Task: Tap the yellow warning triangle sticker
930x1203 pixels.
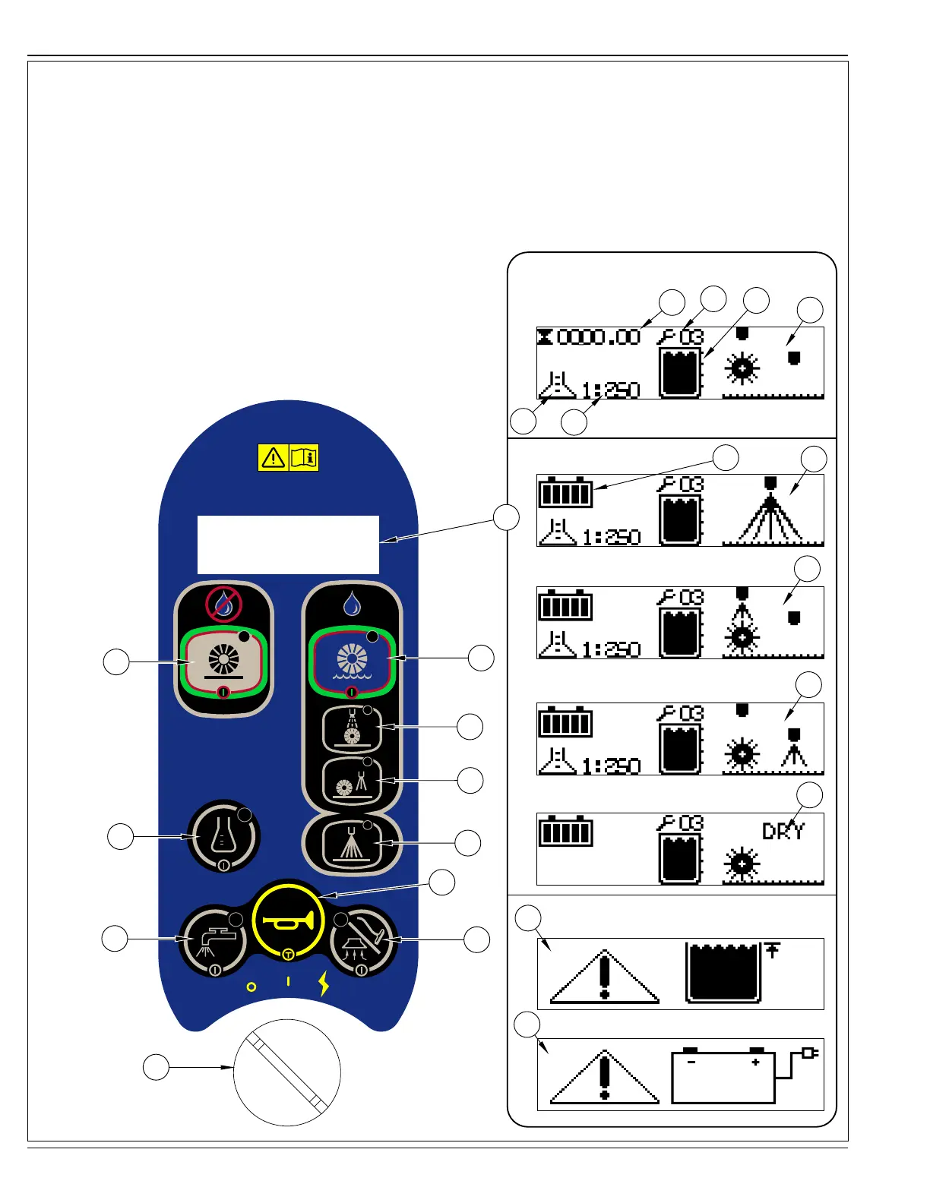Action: pos(273,457)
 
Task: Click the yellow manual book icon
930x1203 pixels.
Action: pos(304,457)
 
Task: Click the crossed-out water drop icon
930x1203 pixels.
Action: pos(223,604)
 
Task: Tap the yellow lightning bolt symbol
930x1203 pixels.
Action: pos(324,984)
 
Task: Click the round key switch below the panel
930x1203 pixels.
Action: pos(287,1072)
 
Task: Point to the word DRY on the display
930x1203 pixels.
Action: pos(783,831)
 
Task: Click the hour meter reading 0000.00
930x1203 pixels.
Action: pos(599,336)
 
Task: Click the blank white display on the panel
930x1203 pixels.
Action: pos(288,545)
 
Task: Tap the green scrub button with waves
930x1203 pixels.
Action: pos(351,661)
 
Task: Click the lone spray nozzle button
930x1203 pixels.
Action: pos(351,844)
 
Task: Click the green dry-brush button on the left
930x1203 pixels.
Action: pos(223,661)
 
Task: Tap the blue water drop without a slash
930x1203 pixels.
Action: pos(352,605)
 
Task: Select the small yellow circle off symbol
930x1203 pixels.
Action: pos(251,987)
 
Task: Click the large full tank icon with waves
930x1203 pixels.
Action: pos(723,974)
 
